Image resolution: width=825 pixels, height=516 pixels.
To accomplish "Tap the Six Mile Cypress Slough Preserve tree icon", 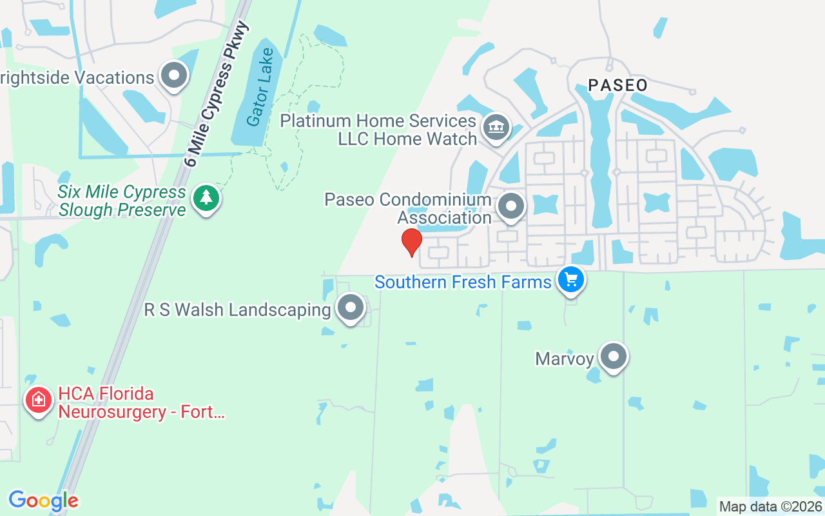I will [x=206, y=197].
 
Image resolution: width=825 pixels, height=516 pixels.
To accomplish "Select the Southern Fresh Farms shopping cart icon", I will [x=570, y=280].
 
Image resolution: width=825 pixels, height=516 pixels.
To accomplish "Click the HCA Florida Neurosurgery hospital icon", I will [x=39, y=400].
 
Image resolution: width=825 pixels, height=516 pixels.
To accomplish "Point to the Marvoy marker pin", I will [x=613, y=356].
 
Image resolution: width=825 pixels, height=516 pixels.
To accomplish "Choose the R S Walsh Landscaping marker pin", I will [x=351, y=308].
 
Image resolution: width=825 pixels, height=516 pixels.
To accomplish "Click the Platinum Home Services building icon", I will [x=496, y=126].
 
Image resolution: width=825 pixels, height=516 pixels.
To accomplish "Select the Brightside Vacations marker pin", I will [x=173, y=76].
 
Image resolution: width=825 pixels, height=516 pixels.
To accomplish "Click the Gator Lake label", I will [x=260, y=87].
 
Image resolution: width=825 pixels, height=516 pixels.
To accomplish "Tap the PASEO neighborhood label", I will [x=617, y=85].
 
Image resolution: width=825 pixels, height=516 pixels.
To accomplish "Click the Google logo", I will [x=43, y=501].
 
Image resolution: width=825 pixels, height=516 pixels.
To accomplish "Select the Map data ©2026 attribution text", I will [x=770, y=506].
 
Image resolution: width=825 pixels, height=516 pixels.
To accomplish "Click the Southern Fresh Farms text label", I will [x=463, y=282].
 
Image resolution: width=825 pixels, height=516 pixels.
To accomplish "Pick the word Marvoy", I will [x=565, y=359].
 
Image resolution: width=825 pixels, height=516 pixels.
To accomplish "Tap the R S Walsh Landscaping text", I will [x=237, y=310].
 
